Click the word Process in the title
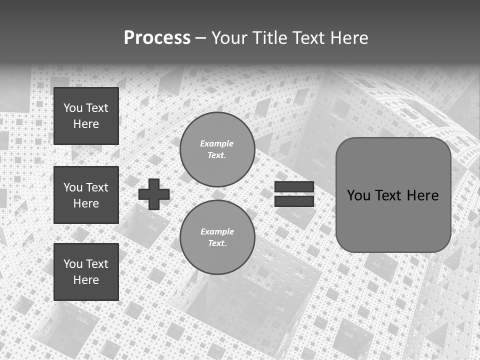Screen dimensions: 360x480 tap(157, 38)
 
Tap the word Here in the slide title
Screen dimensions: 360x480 tap(348, 38)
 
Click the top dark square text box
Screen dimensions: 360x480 tap(86, 116)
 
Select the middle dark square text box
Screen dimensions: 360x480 tap(86, 195)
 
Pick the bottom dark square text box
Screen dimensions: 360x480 tap(86, 272)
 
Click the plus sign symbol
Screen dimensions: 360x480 tap(154, 194)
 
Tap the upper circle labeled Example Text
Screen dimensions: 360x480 tap(217, 149)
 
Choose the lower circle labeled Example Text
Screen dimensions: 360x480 tap(217, 237)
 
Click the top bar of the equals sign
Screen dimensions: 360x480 tap(294, 187)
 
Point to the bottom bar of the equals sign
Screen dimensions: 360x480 tap(294, 201)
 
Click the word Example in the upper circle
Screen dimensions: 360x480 tap(217, 144)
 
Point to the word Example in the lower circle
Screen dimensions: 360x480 tap(217, 232)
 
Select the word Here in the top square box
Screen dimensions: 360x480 tap(86, 124)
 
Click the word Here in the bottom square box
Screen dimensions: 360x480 tap(86, 280)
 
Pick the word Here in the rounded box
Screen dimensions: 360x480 tap(422, 195)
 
